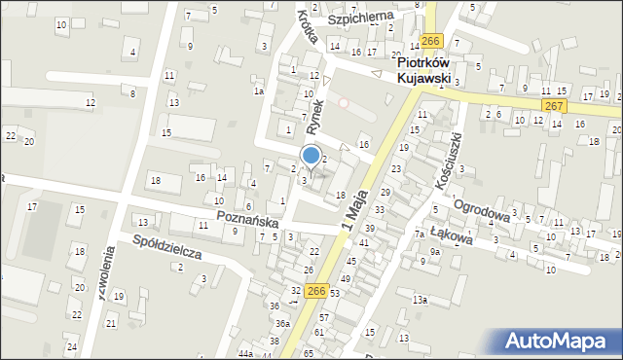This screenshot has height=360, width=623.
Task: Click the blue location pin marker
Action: [x=311, y=156]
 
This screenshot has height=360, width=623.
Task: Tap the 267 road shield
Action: [x=554, y=105]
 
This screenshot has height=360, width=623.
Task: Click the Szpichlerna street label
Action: [x=359, y=18]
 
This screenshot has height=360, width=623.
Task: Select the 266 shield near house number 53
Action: [x=315, y=291]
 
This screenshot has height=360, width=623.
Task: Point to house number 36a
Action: [x=282, y=323]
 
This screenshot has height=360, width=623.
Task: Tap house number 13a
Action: [x=419, y=300]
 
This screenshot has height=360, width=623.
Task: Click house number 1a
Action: [x=259, y=90]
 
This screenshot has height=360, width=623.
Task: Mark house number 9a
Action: [x=436, y=251]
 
